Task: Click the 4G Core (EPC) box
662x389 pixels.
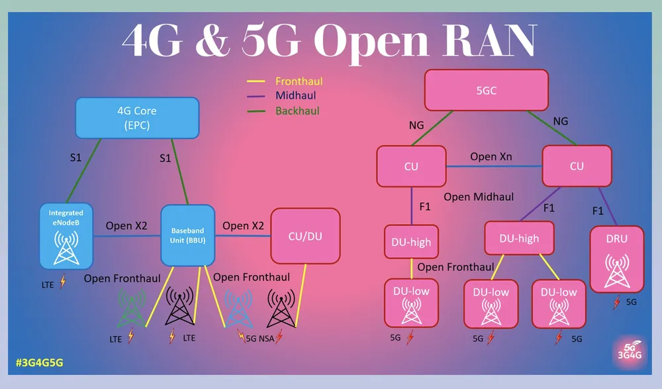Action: tap(137, 118)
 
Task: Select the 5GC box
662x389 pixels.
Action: tap(487, 90)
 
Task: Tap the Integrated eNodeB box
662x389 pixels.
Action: tap(66, 236)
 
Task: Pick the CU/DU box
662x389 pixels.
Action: tap(305, 236)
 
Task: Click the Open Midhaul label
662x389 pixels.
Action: tap(479, 197)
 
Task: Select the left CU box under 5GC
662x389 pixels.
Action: tap(411, 166)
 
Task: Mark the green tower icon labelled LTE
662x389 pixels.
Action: tap(130, 308)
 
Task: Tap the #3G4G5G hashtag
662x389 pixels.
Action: tap(39, 362)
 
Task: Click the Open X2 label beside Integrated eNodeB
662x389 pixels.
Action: tap(126, 225)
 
